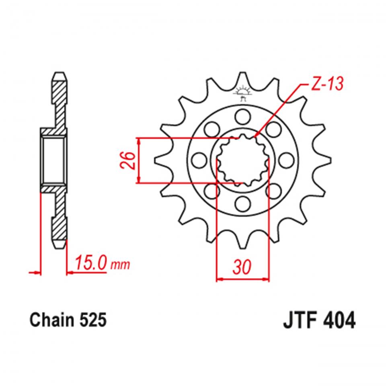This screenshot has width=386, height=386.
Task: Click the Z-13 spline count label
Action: (326, 84)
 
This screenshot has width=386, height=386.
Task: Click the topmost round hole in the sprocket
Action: (242, 116)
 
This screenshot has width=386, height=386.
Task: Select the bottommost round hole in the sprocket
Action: (242, 204)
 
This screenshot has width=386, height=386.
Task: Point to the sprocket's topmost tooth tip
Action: (242, 74)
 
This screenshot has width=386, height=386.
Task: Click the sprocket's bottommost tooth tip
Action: (242, 246)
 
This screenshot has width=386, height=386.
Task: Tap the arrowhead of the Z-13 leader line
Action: (256, 136)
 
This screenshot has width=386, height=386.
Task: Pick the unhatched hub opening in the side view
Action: (54, 160)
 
